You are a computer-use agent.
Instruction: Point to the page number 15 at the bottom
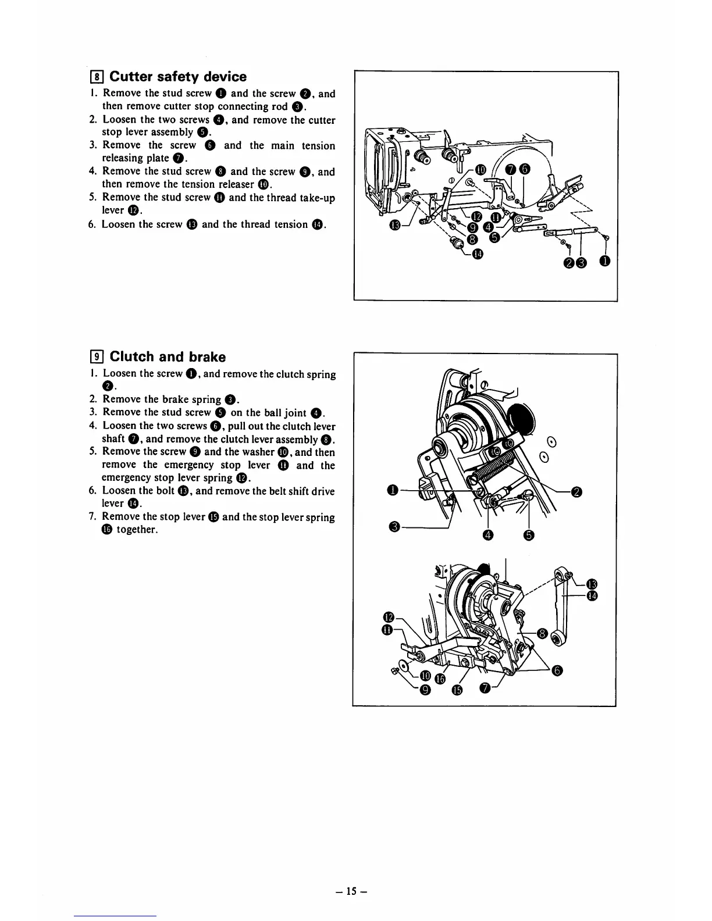[x=356, y=890]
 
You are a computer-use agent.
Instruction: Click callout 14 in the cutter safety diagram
[x=477, y=253]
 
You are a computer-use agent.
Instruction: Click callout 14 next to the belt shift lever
[x=592, y=597]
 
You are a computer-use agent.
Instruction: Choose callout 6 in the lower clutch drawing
[x=558, y=672]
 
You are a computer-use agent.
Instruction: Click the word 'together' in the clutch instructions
[x=137, y=530]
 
